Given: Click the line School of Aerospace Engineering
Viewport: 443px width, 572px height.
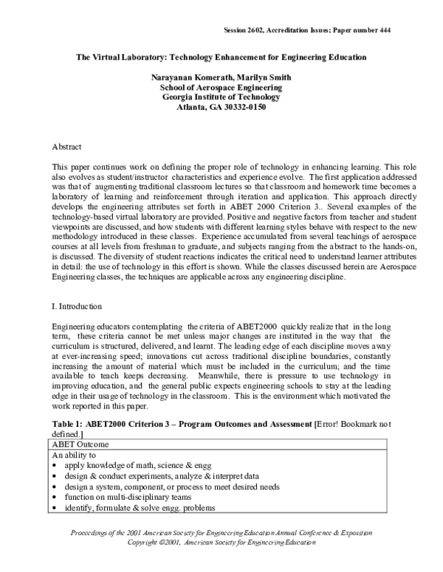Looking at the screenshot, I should pyautogui.click(x=219, y=88).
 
